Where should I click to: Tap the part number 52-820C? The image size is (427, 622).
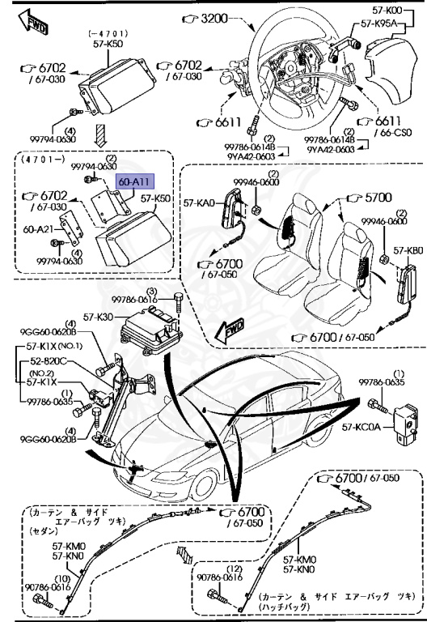click(x=49, y=361)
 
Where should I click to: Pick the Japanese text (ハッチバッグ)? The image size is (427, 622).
click(x=293, y=607)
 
